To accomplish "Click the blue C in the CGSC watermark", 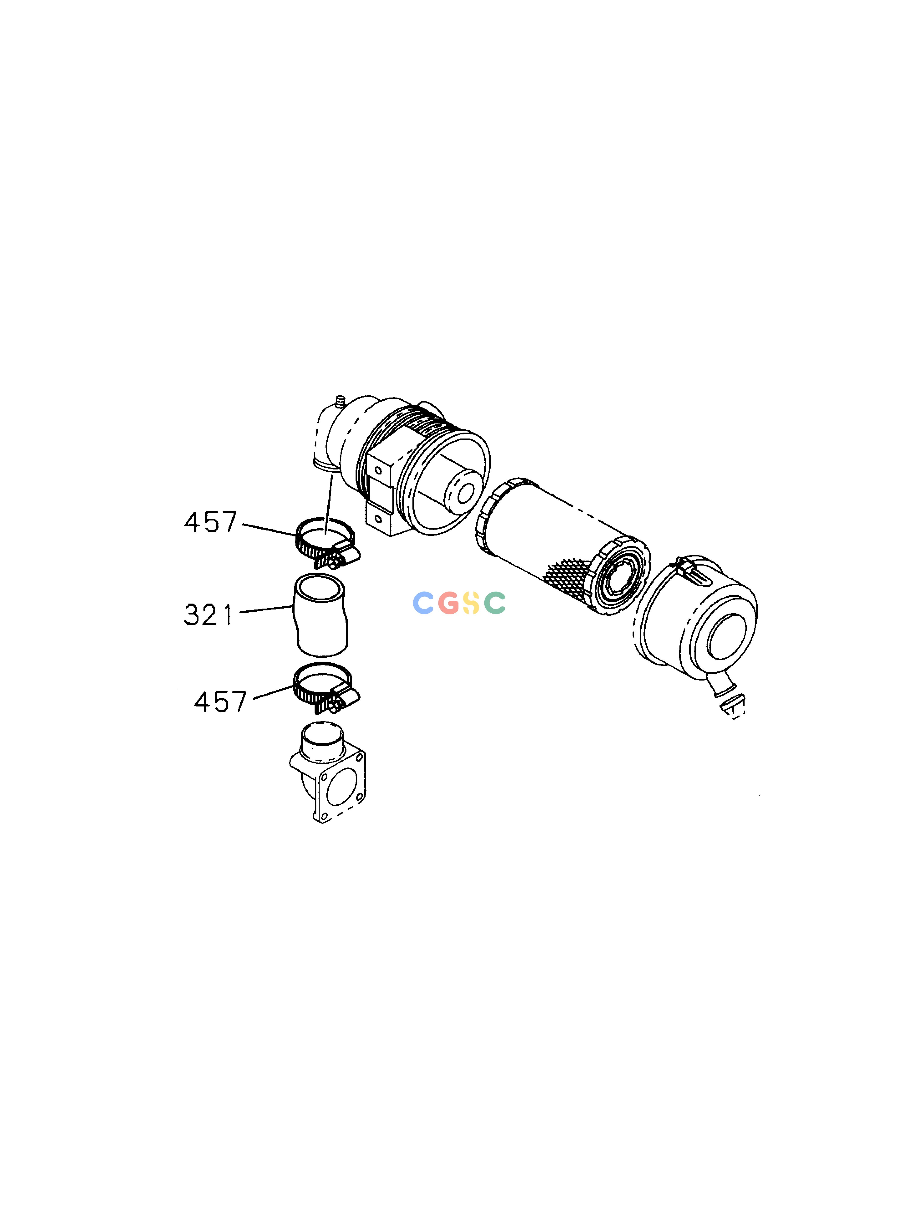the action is pyautogui.click(x=423, y=603).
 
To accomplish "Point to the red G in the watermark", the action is pyautogui.click(x=448, y=603).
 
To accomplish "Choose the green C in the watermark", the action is pyautogui.click(x=495, y=603).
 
